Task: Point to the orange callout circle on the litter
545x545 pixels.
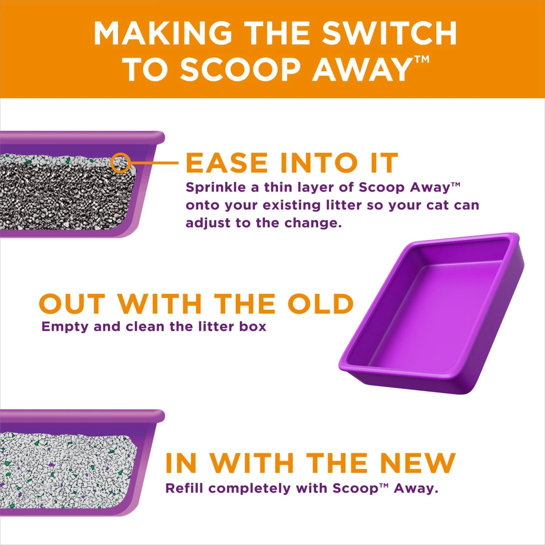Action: (x=120, y=163)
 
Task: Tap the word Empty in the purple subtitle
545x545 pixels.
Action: (x=65, y=327)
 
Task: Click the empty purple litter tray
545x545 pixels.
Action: (x=432, y=312)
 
